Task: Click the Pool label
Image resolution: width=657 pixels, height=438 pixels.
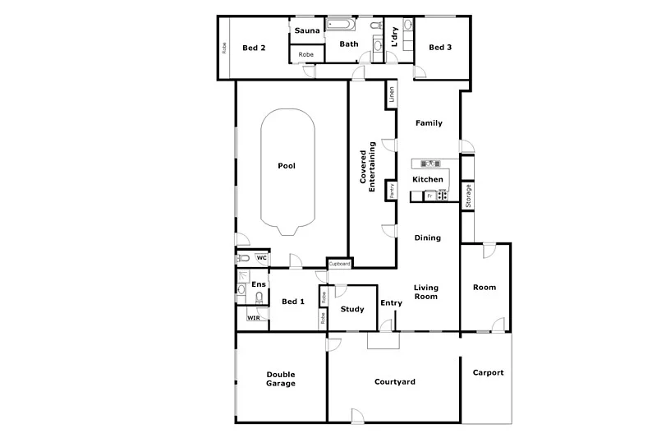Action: (287, 166)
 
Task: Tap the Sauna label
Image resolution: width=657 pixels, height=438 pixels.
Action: (307, 31)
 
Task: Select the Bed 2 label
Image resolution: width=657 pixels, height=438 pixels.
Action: (254, 48)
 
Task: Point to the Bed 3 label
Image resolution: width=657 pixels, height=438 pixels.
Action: (440, 48)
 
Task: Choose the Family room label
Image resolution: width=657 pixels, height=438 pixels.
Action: (429, 123)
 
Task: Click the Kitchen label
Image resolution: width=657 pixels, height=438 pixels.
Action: (428, 179)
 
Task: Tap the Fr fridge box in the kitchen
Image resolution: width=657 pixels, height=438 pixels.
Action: (428, 196)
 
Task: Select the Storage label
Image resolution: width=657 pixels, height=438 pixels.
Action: (468, 196)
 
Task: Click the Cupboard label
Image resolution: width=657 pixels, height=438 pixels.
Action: (340, 264)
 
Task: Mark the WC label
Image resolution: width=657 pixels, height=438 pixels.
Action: (261, 258)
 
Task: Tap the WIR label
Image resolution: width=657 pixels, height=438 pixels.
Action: (253, 316)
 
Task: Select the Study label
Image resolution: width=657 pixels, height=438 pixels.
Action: (352, 310)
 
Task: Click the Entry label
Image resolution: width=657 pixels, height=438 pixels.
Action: (392, 303)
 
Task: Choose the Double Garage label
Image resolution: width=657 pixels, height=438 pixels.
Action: (281, 379)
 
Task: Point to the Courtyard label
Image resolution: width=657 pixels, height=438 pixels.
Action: (395, 382)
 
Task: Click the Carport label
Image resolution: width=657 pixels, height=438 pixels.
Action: (488, 372)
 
